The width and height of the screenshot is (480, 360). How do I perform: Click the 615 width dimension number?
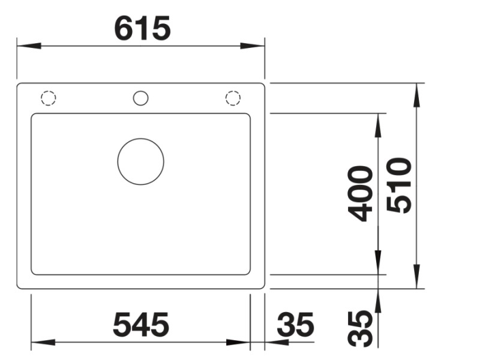(x=143, y=28)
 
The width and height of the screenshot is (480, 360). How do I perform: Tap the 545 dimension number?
(x=141, y=325)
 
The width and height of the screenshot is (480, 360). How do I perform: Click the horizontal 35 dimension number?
(x=295, y=325)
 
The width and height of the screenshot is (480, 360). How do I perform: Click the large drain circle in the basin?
(x=140, y=161)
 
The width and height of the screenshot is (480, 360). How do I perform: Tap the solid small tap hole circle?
(x=140, y=98)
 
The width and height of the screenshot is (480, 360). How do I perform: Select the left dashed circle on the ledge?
(x=48, y=98)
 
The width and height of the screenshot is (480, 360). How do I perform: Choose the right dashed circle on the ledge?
(x=232, y=98)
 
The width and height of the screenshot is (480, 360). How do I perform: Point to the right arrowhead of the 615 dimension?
(x=253, y=46)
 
